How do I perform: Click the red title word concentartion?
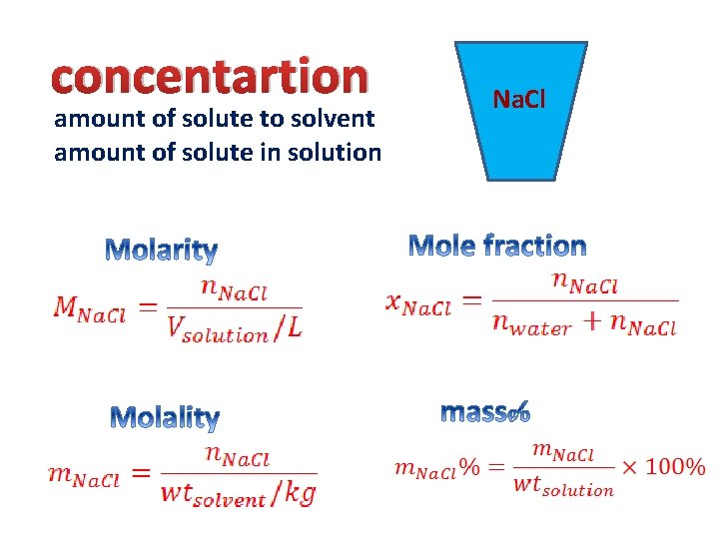tap(211, 77)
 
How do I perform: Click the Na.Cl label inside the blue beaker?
tap(518, 100)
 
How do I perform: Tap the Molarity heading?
tap(161, 250)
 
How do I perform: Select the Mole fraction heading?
tap(497, 246)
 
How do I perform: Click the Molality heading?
tap(165, 416)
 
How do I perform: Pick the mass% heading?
tap(485, 411)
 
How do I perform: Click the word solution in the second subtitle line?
tap(337, 153)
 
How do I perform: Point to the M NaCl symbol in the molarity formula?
tap(89, 310)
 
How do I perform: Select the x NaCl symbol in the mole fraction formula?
tap(418, 302)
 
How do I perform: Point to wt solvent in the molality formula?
tap(217, 493)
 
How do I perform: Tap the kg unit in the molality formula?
tap(299, 492)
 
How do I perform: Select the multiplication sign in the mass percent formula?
tap(630, 467)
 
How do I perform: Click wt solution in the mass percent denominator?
tap(563, 486)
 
